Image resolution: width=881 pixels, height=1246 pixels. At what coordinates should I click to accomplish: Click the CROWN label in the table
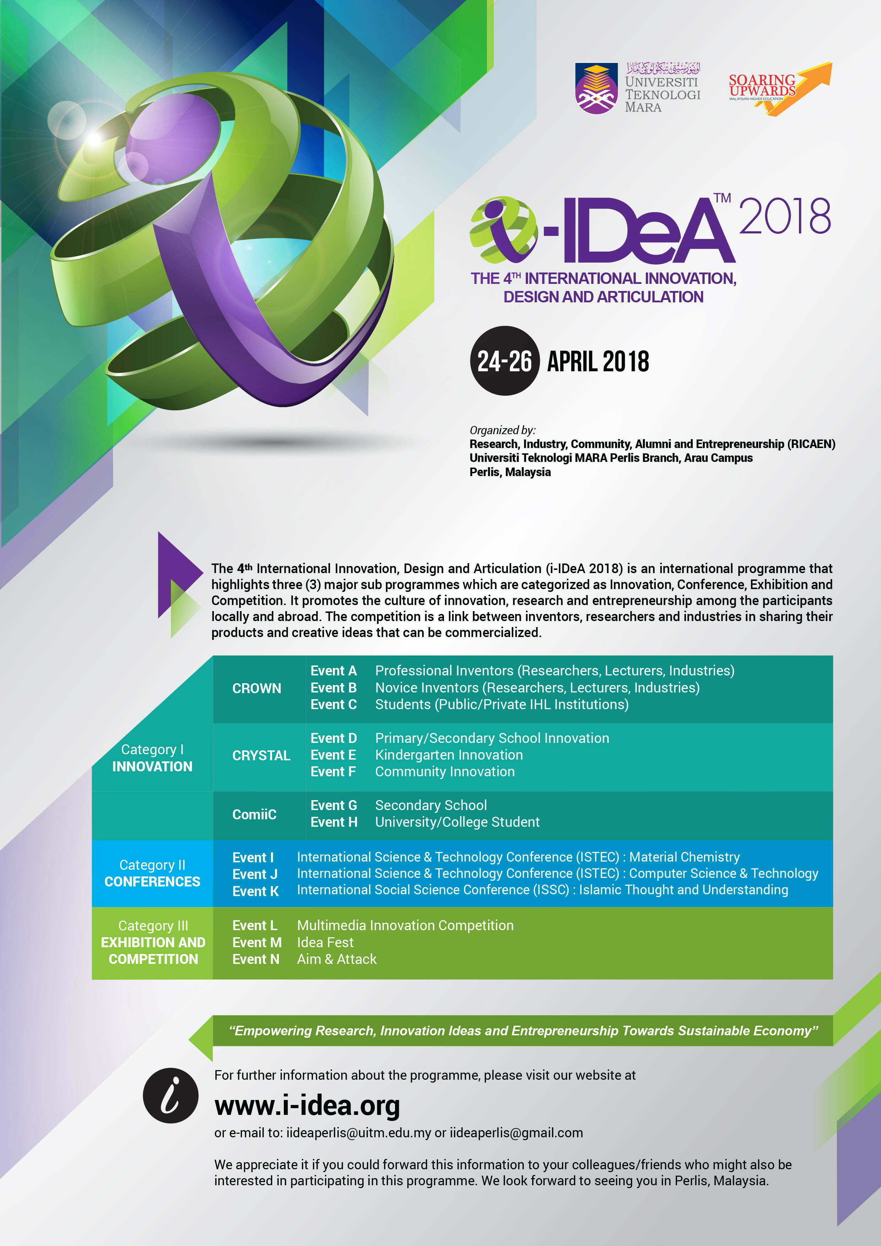256,688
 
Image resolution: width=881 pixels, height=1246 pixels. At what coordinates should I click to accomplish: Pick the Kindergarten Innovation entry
449,755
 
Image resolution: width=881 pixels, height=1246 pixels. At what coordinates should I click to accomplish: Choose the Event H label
334,822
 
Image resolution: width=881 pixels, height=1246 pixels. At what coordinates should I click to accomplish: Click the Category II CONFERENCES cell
152,873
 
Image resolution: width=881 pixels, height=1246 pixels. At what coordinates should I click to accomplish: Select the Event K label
255,891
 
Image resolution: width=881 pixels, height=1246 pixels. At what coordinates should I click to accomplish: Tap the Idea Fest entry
325,942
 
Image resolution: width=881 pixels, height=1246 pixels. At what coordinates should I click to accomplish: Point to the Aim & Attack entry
336,959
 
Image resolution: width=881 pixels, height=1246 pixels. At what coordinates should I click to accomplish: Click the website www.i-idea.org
307,1105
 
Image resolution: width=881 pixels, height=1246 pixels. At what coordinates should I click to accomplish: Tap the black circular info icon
171,1096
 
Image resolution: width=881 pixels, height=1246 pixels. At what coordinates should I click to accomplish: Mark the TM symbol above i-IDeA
722,198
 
